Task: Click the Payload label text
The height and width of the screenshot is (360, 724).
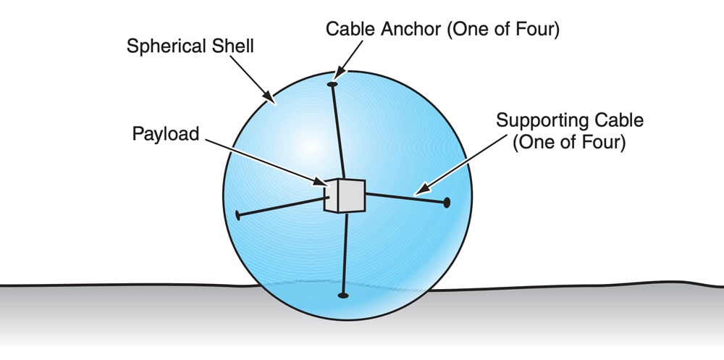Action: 165,135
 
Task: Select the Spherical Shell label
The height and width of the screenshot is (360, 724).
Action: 190,46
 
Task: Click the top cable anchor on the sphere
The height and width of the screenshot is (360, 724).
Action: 332,85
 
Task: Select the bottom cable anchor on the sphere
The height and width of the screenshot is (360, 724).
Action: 343,295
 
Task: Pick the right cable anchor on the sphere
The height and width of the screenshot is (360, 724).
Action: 447,202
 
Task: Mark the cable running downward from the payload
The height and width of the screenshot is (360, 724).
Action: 345,254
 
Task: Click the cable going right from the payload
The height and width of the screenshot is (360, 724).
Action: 405,197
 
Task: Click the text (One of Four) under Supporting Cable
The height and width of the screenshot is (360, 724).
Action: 568,143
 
